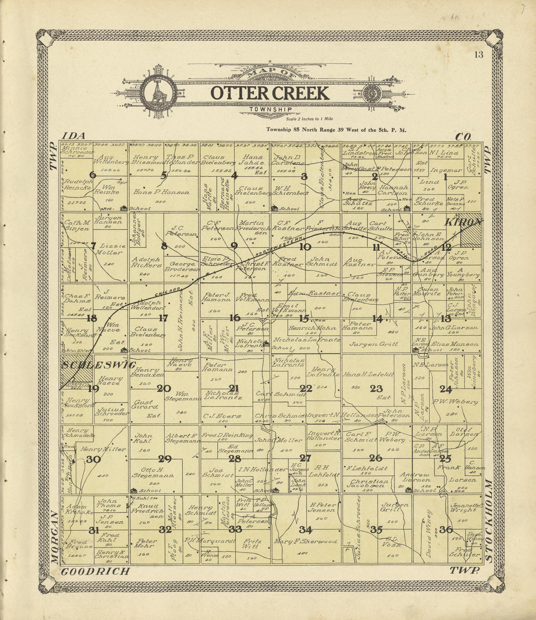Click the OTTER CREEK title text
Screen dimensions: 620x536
click(269, 93)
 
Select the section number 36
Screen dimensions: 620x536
click(445, 530)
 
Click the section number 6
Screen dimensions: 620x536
click(93, 175)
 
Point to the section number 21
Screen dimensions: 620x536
click(234, 388)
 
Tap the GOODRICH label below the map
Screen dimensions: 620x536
click(96, 571)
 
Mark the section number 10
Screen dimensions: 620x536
click(305, 247)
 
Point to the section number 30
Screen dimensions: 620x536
click(93, 459)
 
